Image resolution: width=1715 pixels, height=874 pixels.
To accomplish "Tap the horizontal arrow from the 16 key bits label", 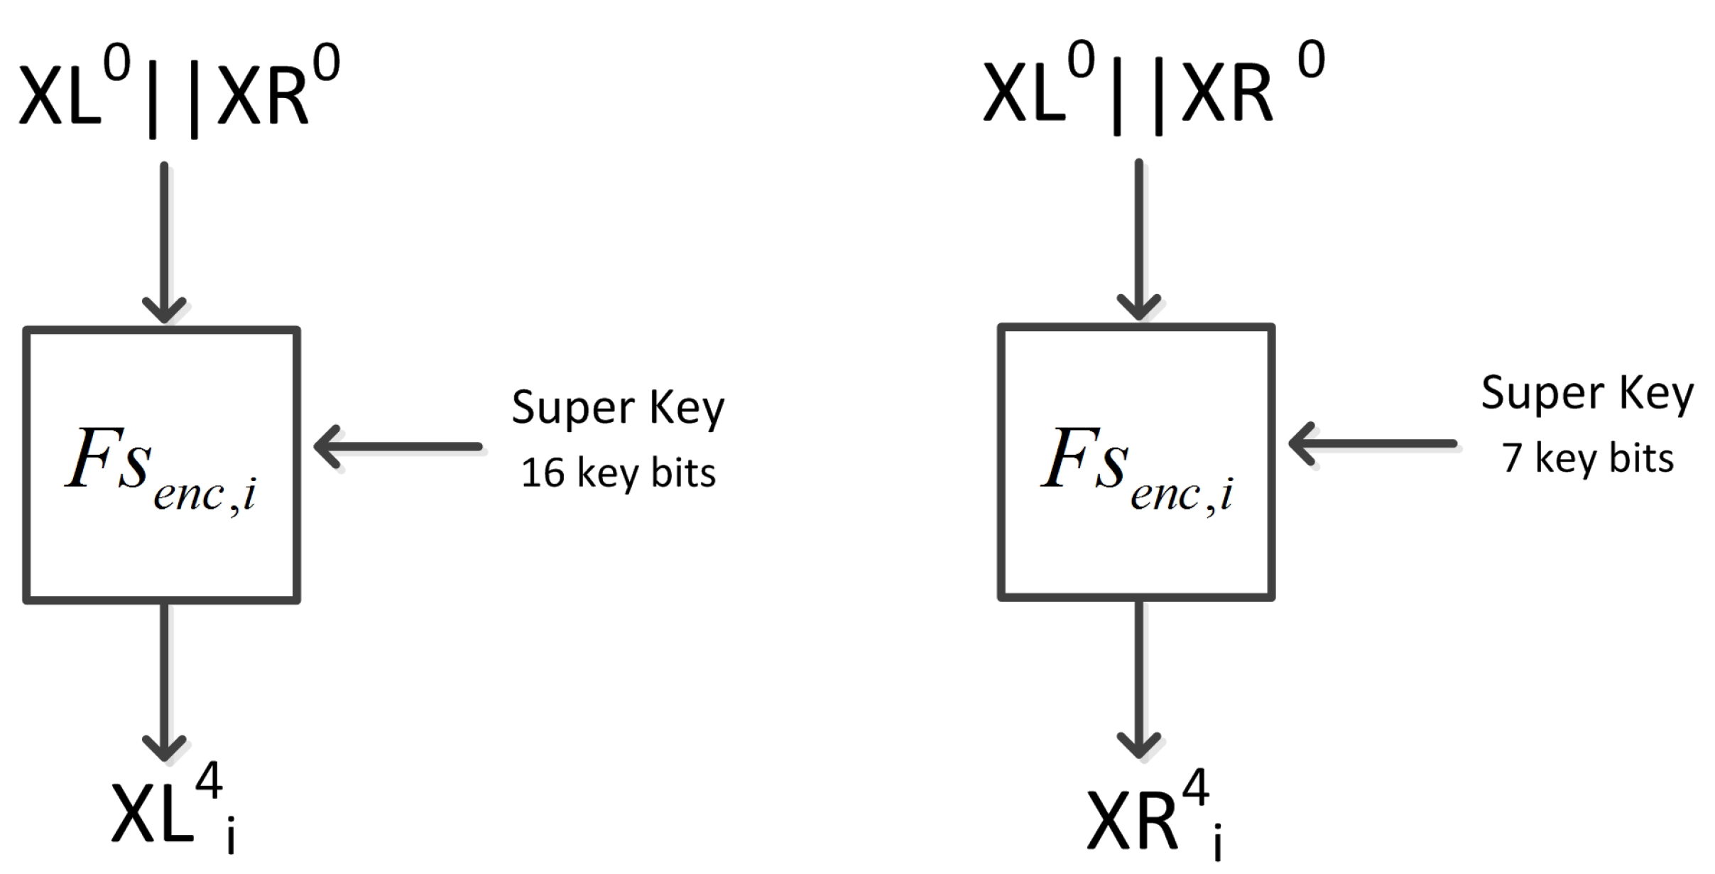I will (x=398, y=447).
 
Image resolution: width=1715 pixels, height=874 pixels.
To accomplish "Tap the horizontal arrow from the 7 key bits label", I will (x=1372, y=444).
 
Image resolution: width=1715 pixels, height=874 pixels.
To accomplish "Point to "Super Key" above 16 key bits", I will (x=618, y=409).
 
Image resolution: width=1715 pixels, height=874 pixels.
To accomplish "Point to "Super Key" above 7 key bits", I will (x=1587, y=394).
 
